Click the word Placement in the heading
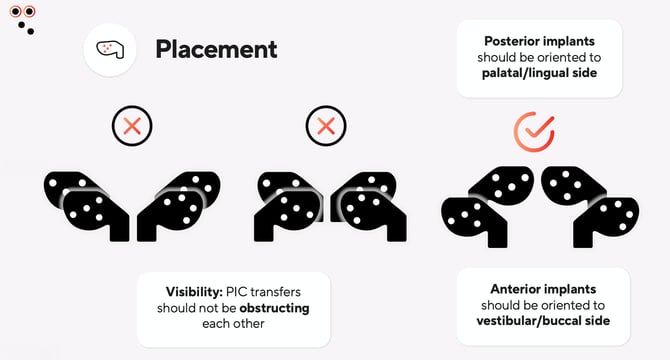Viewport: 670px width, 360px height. pyautogui.click(x=216, y=49)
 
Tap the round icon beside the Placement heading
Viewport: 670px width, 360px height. pyautogui.click(x=110, y=49)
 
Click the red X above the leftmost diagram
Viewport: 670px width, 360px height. pyautogui.click(x=131, y=127)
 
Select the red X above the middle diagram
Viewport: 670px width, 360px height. pyautogui.click(x=324, y=127)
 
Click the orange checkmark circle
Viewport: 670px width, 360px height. pyautogui.click(x=533, y=131)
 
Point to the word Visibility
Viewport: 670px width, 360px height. pyautogui.click(x=197, y=292)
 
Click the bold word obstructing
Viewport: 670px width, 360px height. pyautogui.click(x=274, y=308)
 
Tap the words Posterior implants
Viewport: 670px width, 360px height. pyautogui.click(x=539, y=42)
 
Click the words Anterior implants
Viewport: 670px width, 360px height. pyautogui.click(x=539, y=288)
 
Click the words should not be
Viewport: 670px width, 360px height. pyautogui.click(x=196, y=308)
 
